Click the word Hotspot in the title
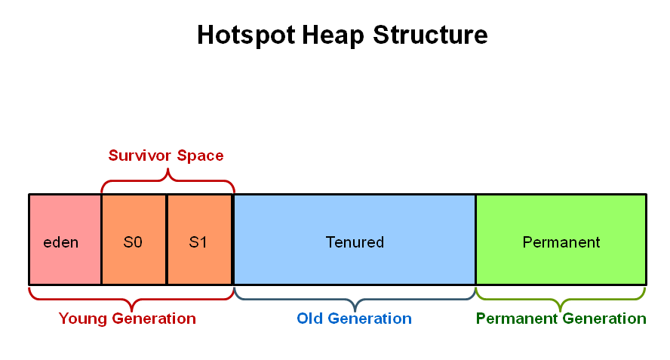coord(246,35)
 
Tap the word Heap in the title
coord(333,35)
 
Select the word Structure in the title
coord(430,35)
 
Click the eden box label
coord(60,242)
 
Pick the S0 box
coord(134,239)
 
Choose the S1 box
coord(199,239)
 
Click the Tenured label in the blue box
coord(355,242)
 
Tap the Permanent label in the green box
coord(561,242)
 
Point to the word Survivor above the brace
coord(140,155)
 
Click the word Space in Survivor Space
coord(200,156)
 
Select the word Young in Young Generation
coord(82,319)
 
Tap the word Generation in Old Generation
coord(370,318)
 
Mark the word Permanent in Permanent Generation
coord(517,318)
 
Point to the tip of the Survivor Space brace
coord(167,169)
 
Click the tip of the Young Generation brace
coord(132,311)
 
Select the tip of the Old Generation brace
coord(355,311)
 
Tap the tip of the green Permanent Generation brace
coord(561,311)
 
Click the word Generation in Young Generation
coord(154,318)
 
